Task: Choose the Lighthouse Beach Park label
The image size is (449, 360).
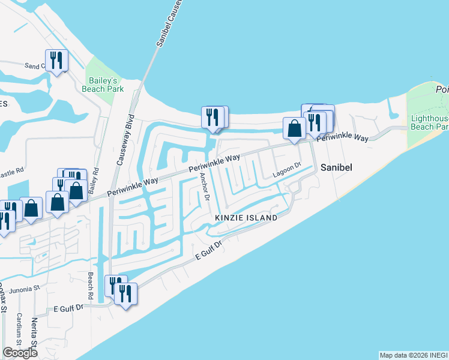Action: [x=429, y=122]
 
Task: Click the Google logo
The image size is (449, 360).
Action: [x=20, y=353]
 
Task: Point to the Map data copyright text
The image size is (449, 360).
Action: [x=414, y=355]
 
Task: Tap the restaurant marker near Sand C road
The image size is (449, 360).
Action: [x=56, y=60]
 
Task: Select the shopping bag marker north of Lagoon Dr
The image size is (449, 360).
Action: [x=294, y=128]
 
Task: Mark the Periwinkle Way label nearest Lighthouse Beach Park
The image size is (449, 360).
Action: [x=343, y=137]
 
